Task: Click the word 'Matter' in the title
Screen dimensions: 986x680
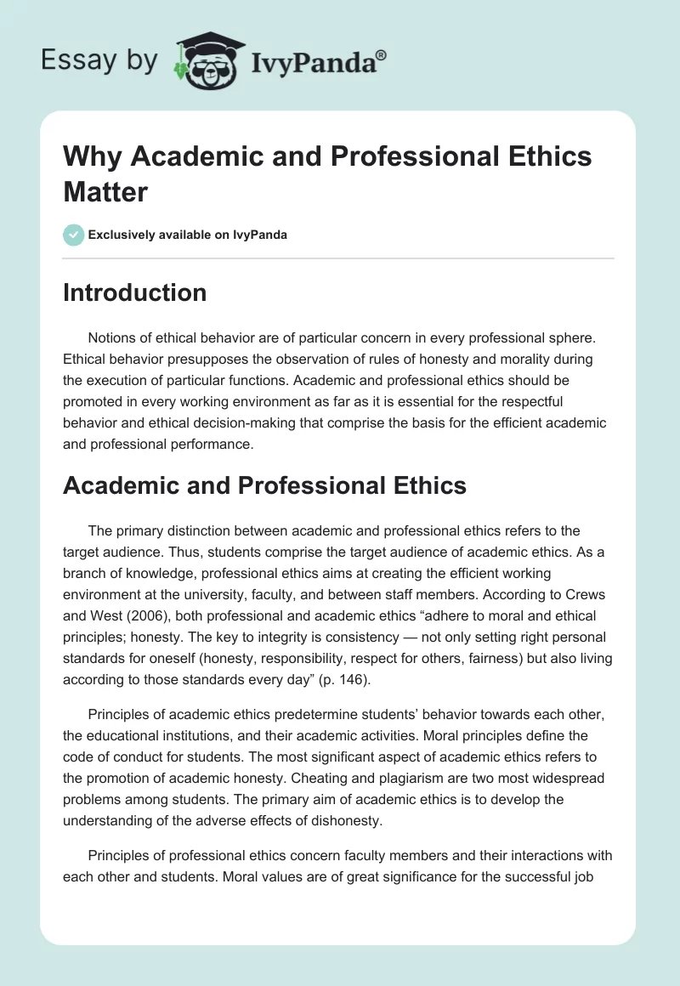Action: coord(105,191)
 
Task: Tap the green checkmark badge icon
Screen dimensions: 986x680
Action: coord(73,235)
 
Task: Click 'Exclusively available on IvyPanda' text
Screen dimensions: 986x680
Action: coord(188,235)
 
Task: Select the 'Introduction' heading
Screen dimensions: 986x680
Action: coord(134,292)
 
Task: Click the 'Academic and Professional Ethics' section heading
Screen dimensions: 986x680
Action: coord(264,484)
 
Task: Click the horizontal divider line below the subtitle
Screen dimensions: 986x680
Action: coord(338,258)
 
